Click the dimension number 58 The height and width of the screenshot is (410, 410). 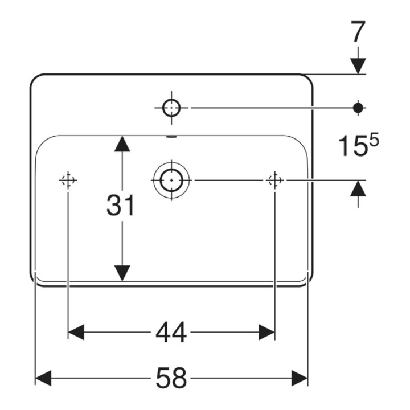click(171, 378)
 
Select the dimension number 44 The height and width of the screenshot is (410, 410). click(171, 333)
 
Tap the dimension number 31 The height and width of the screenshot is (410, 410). click(121, 205)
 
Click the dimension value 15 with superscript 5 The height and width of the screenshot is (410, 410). click(359, 145)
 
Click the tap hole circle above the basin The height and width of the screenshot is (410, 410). click(171, 108)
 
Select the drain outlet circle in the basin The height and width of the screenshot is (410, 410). click(171, 180)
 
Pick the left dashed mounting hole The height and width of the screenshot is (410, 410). click(68, 180)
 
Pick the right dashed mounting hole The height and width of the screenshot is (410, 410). click(274, 180)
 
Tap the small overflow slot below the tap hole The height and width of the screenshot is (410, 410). click(171, 137)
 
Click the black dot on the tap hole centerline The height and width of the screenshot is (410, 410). click(358, 108)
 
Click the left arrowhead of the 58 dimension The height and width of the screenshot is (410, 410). click(43, 378)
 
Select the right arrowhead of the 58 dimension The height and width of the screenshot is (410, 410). click(300, 378)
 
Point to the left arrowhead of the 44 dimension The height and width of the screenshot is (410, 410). click(76, 333)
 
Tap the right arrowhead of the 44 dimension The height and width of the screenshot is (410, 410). click(266, 333)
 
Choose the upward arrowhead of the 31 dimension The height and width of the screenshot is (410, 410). click(122, 143)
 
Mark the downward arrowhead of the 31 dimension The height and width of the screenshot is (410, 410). click(122, 273)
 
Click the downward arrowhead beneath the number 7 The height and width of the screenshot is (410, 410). click(358, 67)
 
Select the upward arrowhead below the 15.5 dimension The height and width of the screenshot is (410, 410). click(358, 188)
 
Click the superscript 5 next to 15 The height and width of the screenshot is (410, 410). click(375, 141)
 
